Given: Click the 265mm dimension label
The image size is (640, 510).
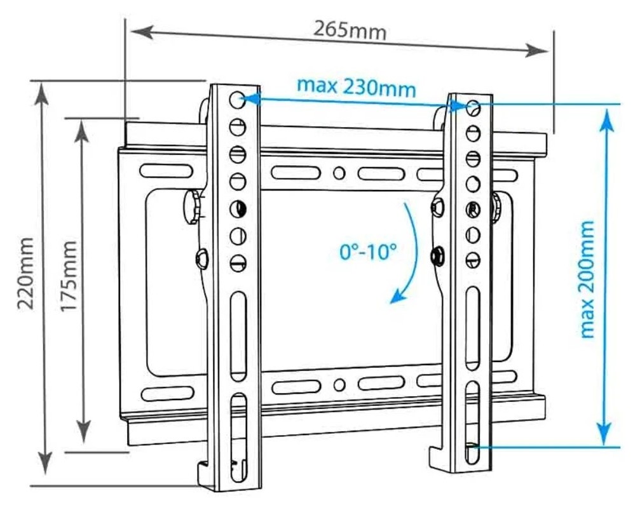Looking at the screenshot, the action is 350,30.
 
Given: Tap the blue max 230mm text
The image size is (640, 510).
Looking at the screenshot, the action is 357,87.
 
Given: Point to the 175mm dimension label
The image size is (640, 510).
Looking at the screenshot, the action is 69,276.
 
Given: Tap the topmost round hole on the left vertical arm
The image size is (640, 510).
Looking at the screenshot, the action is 237,100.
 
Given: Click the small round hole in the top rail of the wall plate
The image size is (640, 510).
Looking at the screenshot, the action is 339,173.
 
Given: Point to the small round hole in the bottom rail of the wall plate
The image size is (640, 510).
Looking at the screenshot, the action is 339,385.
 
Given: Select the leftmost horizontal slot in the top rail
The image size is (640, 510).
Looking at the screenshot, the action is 166,171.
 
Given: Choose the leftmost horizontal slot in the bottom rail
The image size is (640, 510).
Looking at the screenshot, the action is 167,393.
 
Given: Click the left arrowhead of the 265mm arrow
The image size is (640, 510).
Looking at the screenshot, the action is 142,32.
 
